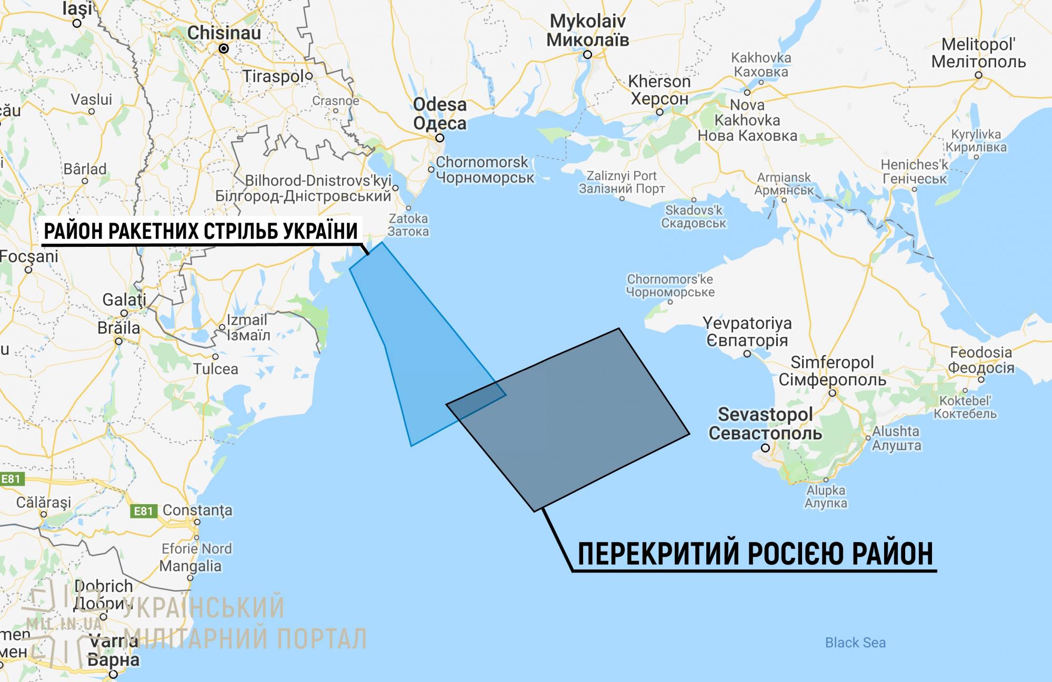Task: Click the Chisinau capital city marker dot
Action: (224, 48)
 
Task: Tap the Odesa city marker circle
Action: (439, 138)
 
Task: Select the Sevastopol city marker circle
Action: (766, 448)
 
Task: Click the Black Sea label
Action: (855, 643)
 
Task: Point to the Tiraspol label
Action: (273, 76)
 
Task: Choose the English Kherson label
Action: (659, 82)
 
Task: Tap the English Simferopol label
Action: (832, 362)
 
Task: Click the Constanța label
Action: (197, 510)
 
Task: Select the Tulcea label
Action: (216, 369)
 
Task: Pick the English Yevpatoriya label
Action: (747, 323)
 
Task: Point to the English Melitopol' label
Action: (978, 44)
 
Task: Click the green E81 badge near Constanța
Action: (143, 511)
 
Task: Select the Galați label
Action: (124, 299)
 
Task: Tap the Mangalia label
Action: (191, 566)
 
